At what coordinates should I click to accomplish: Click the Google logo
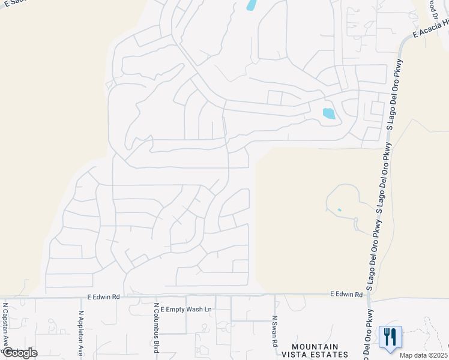click(x=20, y=353)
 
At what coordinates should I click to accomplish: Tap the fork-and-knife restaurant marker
click(x=390, y=337)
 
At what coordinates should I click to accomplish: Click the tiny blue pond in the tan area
click(x=339, y=210)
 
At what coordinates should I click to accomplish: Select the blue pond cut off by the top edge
click(x=252, y=5)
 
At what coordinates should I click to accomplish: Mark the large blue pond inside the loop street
click(x=328, y=113)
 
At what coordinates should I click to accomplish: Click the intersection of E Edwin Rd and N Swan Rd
click(x=275, y=295)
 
